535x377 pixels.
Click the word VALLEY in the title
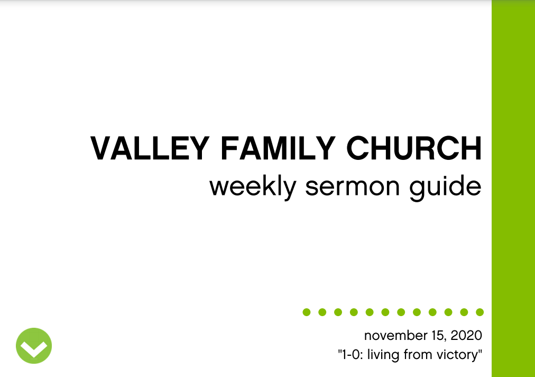(150, 148)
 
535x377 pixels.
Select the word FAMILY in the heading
(278, 148)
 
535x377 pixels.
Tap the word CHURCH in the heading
(414, 148)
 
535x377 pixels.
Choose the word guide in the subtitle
(445, 187)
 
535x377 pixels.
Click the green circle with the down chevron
(34, 346)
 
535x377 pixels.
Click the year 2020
(466, 336)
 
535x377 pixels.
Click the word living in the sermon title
(383, 355)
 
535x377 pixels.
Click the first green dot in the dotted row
(307, 312)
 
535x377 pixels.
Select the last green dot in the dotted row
(479, 312)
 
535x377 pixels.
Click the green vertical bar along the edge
(513, 188)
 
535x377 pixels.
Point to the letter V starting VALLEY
(102, 148)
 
